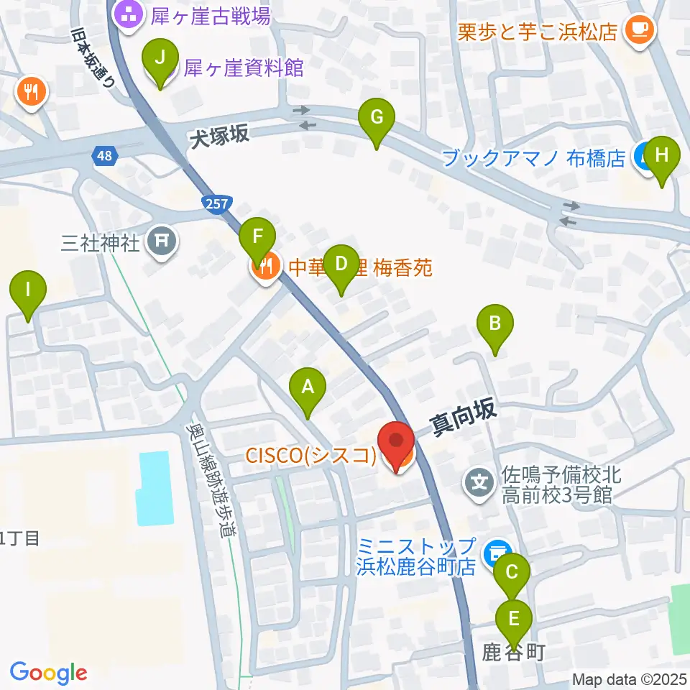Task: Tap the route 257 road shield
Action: click(x=216, y=204)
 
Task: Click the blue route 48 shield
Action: click(x=103, y=155)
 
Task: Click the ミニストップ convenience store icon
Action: click(x=494, y=552)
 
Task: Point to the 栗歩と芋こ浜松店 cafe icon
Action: click(x=638, y=29)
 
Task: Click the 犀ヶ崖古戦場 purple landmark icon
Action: click(x=129, y=14)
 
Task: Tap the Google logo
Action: click(x=48, y=673)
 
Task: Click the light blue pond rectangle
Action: click(x=155, y=487)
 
